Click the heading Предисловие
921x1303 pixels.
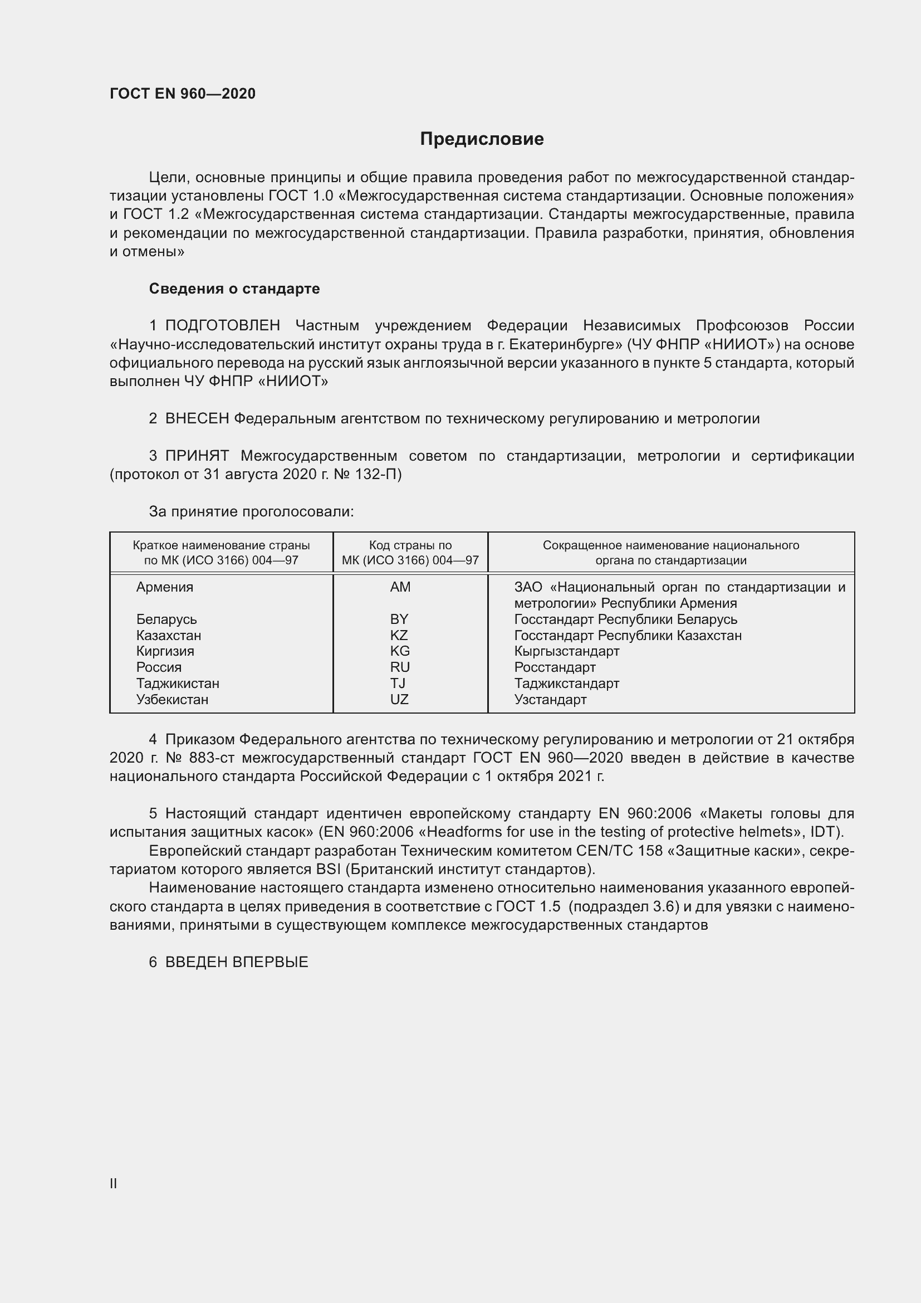(x=482, y=139)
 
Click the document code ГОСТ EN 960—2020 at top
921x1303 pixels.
(x=183, y=94)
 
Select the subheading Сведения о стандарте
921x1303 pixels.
(x=234, y=289)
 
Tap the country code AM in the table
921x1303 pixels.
(x=400, y=587)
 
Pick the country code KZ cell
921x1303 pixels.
(x=399, y=635)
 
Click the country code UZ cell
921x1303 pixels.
(x=399, y=699)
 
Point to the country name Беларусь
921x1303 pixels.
(x=166, y=619)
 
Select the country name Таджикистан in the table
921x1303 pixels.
(x=178, y=684)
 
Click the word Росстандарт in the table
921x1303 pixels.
(x=555, y=667)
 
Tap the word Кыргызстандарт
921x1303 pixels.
(x=566, y=651)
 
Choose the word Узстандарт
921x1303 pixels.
(x=550, y=699)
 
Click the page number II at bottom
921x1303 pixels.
(x=114, y=1183)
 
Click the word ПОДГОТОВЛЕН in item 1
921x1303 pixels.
(x=222, y=326)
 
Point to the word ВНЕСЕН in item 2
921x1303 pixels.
(x=197, y=419)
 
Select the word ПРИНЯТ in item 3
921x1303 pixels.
(x=197, y=456)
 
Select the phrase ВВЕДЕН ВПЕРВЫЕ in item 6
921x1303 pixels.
(x=237, y=962)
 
